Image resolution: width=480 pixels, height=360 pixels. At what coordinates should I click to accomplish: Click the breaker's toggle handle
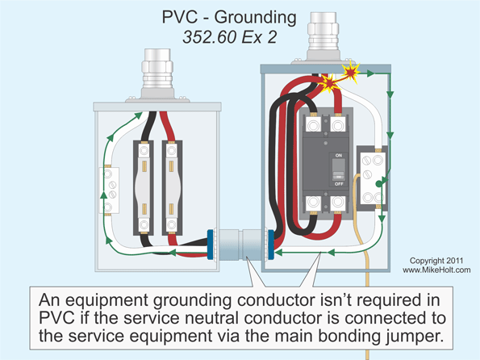338,170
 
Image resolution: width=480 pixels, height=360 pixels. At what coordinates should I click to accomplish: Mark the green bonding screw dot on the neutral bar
377,195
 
